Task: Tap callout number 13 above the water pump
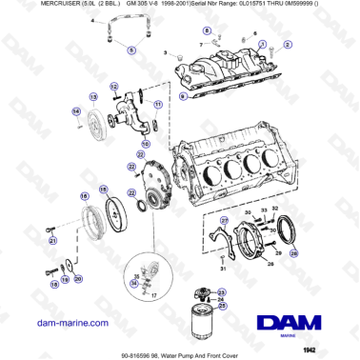92,97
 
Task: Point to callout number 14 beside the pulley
74,112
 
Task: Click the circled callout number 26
293,254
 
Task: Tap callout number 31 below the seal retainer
223,270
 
